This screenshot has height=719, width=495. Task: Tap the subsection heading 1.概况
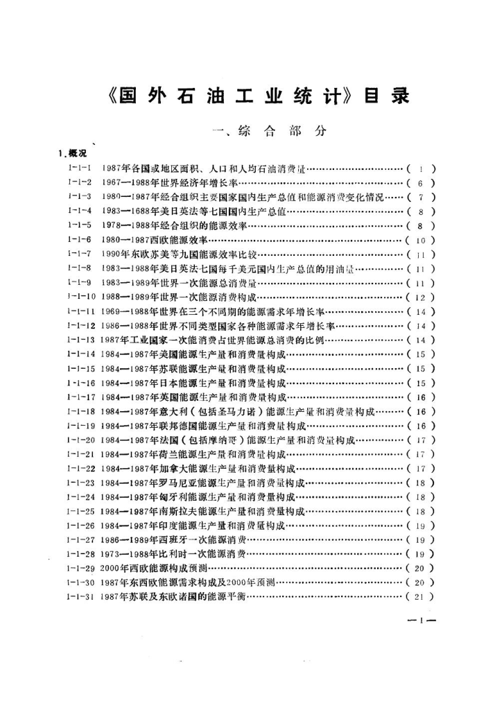pos(73,153)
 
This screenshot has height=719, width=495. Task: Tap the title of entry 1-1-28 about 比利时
pos(174,553)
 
